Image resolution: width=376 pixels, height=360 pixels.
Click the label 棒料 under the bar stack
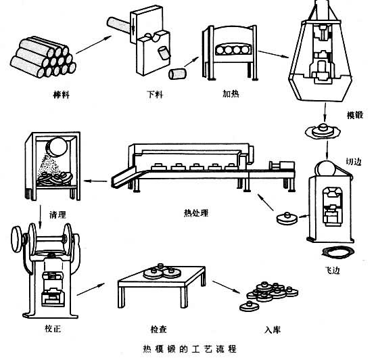(62, 95)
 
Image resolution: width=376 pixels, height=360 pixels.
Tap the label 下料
(155, 94)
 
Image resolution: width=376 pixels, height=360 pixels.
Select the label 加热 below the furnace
(231, 93)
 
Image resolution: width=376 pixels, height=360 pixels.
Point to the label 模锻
(355, 115)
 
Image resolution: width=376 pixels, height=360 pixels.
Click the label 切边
(354, 162)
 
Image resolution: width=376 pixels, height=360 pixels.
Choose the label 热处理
(196, 213)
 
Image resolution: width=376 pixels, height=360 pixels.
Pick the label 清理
(57, 215)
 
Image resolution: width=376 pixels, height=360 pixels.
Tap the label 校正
(53, 328)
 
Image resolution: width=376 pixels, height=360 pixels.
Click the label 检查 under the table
(158, 329)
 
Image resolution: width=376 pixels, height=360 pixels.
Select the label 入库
(273, 330)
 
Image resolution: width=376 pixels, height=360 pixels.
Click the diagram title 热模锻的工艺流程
(189, 348)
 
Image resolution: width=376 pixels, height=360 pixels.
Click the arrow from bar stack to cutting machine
(93, 45)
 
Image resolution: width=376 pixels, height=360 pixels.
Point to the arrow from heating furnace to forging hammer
(273, 54)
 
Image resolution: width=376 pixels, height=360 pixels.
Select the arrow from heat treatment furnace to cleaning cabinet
(95, 181)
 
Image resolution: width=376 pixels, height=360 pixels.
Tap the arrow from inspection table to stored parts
(226, 287)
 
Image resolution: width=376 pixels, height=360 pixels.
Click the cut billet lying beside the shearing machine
(177, 74)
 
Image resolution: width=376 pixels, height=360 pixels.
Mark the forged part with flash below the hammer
(323, 131)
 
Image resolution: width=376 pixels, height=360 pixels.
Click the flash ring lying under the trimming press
(338, 252)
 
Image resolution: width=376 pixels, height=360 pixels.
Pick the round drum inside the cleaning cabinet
(57, 146)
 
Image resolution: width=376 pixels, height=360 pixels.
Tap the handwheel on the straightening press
(17, 239)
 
